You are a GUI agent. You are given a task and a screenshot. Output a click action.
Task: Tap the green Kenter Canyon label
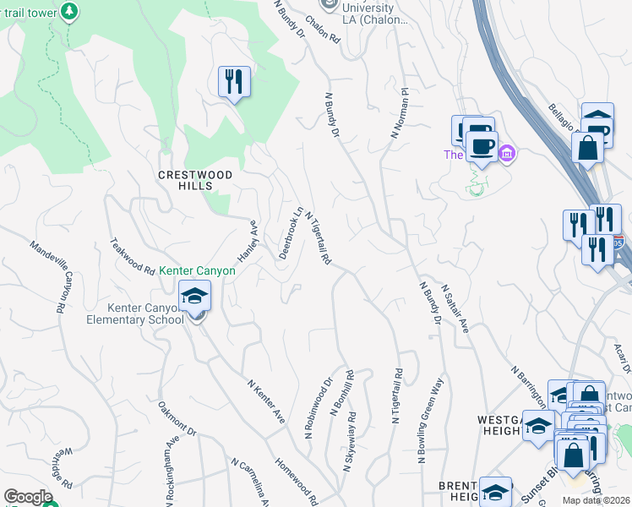tap(198, 271)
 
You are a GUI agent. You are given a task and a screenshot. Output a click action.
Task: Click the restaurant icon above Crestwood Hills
tap(234, 82)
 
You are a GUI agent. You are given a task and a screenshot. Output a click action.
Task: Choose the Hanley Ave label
tap(246, 240)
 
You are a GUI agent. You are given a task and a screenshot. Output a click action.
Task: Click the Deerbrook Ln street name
tap(289, 232)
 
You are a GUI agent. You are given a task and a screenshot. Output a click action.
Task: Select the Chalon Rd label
tap(323, 29)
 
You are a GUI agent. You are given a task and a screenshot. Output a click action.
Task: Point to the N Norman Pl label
tap(399, 113)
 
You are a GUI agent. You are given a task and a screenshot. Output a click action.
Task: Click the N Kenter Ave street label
tap(266, 401)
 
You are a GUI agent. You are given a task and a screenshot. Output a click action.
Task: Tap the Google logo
tap(28, 496)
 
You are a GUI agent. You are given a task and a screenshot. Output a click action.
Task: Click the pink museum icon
tap(506, 154)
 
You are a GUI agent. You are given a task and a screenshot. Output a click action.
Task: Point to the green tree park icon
tap(71, 10)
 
